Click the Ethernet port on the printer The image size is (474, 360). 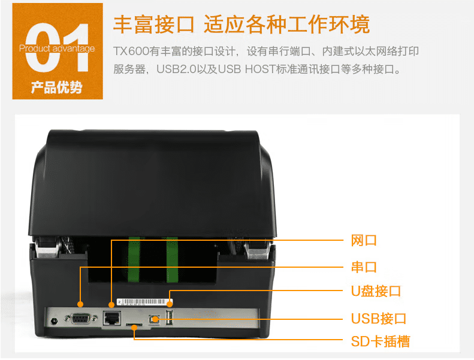pyautogui.click(x=112, y=318)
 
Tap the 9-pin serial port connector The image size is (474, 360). pyautogui.click(x=81, y=319)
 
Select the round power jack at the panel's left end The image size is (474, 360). pyautogui.click(x=55, y=320)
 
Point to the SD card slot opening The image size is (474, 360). pyautogui.click(x=134, y=324)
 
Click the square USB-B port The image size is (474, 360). pyautogui.click(x=155, y=319)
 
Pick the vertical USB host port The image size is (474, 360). pyautogui.click(x=169, y=318)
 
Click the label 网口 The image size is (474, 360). pyautogui.click(x=364, y=241)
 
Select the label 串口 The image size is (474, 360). pyautogui.click(x=364, y=267)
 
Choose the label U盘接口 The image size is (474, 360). pyautogui.click(x=376, y=291)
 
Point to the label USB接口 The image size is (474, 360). pyautogui.click(x=379, y=319)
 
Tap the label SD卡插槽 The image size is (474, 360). pyautogui.click(x=381, y=341)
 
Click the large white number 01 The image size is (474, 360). pyautogui.click(x=58, y=48)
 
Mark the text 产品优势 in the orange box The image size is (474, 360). pyautogui.click(x=57, y=87)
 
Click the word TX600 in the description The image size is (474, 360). pyautogui.click(x=131, y=51)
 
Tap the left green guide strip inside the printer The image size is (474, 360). pyautogui.click(x=134, y=259)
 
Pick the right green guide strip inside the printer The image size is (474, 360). pyautogui.click(x=172, y=259)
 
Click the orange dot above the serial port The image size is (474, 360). pyautogui.click(x=80, y=304)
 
